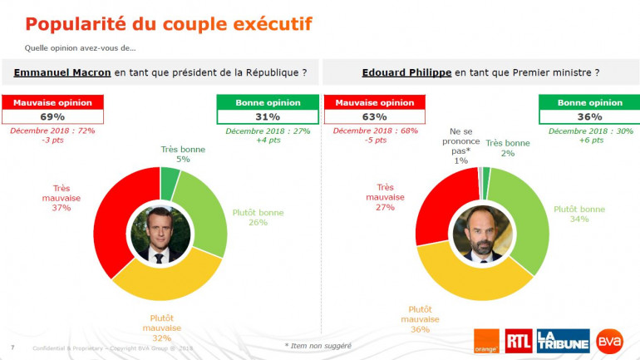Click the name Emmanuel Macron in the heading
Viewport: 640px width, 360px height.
pos(62,73)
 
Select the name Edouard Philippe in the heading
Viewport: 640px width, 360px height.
pos(406,73)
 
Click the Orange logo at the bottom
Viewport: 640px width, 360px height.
pos(485,339)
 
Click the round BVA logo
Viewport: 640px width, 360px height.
pos(612,339)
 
